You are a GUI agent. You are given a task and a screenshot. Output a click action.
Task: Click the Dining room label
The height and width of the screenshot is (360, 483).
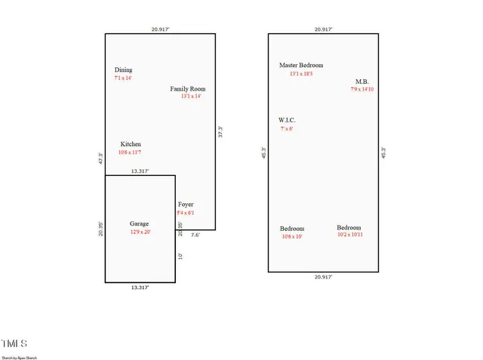(123, 70)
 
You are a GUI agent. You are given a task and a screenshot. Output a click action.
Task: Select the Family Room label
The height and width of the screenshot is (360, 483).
(187, 89)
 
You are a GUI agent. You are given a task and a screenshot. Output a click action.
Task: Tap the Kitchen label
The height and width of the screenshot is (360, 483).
(131, 144)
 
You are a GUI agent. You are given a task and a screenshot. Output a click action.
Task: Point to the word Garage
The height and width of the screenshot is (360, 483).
(139, 224)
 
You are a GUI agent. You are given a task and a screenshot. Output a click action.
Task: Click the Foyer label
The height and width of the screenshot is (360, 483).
(186, 205)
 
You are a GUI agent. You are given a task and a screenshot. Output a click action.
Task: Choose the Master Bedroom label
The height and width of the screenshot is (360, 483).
(301, 66)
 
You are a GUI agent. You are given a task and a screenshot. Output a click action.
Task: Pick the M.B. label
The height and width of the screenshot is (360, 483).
(362, 82)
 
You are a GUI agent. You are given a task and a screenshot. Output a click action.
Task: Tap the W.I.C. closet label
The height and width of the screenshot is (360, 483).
(287, 120)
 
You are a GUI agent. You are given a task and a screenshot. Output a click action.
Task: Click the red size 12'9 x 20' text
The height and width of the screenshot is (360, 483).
(140, 232)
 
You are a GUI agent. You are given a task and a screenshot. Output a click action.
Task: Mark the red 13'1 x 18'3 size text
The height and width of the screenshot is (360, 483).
(301, 74)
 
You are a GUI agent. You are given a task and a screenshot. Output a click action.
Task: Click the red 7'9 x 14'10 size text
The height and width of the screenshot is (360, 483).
(362, 90)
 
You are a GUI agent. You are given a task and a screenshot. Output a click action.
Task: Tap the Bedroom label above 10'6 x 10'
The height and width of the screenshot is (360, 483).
(292, 229)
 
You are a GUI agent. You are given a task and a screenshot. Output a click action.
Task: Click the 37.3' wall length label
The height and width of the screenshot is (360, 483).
(220, 131)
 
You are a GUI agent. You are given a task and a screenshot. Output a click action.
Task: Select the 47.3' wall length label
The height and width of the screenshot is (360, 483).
(100, 159)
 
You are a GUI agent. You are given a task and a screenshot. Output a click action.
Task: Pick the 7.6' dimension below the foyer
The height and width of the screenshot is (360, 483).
(195, 235)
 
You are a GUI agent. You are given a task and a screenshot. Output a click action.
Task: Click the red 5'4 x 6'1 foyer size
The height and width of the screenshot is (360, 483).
(186, 214)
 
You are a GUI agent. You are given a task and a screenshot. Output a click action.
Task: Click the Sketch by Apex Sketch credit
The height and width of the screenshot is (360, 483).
(19, 357)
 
